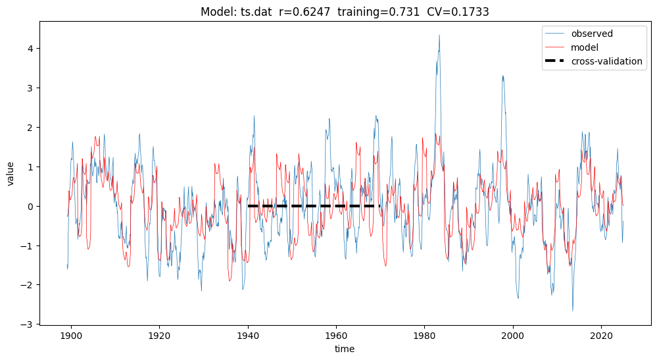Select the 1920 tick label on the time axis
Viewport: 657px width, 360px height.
[x=159, y=335]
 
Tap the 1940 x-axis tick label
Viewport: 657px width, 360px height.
[x=247, y=335]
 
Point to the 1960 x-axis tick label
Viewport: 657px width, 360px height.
[x=336, y=335]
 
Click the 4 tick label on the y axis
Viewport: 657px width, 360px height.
[x=30, y=49]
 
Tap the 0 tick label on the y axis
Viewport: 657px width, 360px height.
[x=30, y=206]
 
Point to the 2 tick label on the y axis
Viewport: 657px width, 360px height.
[x=30, y=128]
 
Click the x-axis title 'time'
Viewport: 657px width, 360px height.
[x=345, y=349]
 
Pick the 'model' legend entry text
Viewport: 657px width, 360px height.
[x=584, y=47]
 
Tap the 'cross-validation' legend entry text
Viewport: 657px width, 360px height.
[x=606, y=61]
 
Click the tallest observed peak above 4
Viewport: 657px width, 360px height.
[x=439, y=35]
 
